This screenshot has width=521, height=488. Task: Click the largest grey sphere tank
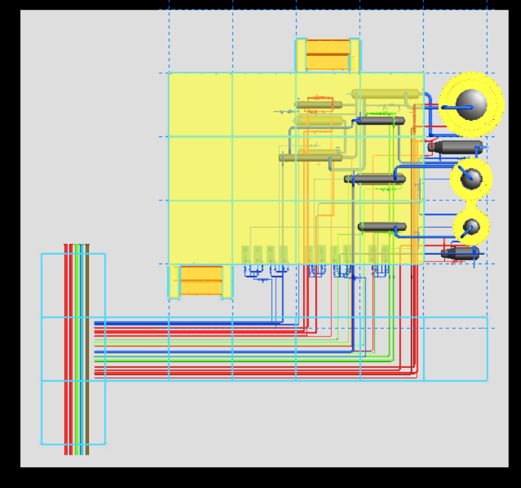471,104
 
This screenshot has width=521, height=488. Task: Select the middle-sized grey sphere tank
471,178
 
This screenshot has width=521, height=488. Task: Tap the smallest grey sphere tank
471,226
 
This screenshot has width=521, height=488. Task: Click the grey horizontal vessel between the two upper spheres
456,147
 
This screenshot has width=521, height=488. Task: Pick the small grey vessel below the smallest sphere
461,252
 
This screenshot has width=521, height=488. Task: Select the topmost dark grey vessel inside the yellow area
381,121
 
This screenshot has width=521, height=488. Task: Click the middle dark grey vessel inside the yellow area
376,179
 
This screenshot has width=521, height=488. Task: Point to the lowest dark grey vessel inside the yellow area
382,227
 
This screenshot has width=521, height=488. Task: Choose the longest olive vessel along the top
385,94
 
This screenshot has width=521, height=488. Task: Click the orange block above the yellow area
327,55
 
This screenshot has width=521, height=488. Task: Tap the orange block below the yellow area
201,281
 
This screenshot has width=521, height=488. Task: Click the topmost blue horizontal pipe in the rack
189,323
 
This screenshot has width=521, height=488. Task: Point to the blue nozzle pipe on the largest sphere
454,107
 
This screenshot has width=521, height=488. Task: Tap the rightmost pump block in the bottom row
385,254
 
